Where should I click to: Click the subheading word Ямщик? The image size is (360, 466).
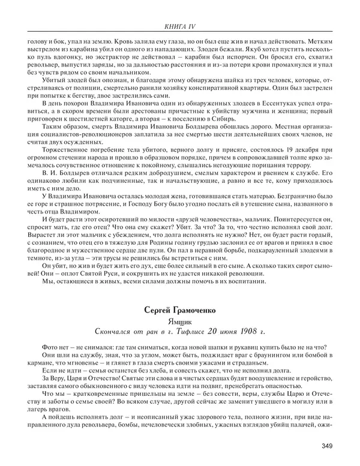pyautogui.click(x=179, y=321)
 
